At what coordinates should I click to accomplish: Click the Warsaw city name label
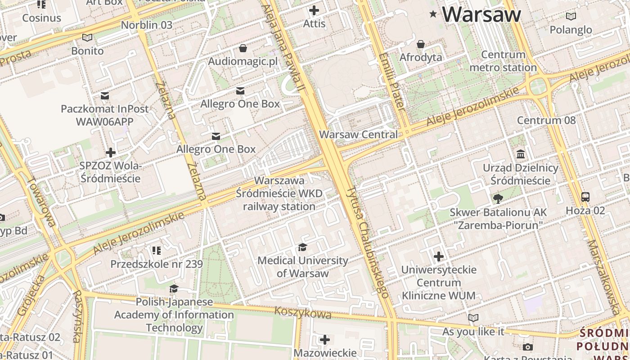pos(481,14)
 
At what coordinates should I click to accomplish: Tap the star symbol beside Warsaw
pos(433,14)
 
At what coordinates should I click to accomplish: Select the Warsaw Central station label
pos(358,135)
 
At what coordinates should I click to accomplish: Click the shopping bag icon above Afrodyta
pos(421,44)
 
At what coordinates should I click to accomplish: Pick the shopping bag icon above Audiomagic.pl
pos(243,48)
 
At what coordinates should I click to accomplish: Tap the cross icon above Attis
pos(314,10)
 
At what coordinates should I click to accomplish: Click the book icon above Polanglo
pos(571,17)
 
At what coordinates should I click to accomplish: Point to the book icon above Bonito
pos(87,38)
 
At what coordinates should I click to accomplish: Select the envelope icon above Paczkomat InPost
pos(105,95)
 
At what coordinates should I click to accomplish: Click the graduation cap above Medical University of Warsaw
pos(302,247)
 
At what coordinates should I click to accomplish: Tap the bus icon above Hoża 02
pos(585,197)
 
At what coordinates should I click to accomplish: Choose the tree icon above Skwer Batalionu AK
pos(498,198)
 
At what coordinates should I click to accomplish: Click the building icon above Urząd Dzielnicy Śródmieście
pos(521,154)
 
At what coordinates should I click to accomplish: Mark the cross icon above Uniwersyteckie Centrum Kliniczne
pos(439,256)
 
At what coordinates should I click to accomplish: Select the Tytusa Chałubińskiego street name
pos(367,243)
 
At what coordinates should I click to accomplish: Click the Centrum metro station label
pos(503,61)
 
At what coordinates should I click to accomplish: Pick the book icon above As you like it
pos(473,318)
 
